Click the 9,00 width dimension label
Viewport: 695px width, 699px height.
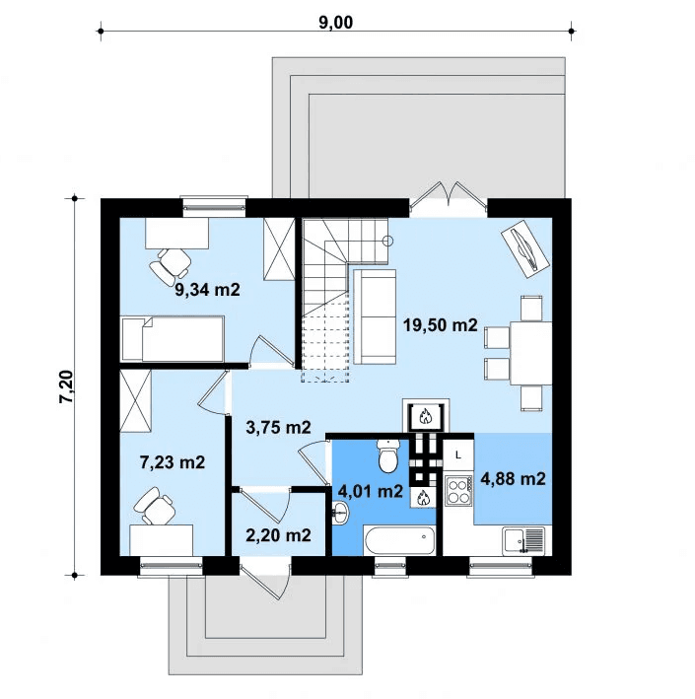pos(336,23)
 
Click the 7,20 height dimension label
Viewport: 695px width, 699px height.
pos(66,386)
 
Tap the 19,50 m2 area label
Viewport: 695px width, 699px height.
pos(440,325)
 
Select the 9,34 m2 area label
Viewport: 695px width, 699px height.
pos(207,290)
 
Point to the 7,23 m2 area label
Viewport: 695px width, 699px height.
pos(173,462)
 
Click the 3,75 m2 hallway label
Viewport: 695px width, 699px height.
pos(278,428)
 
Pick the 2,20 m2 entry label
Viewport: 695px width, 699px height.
pos(278,535)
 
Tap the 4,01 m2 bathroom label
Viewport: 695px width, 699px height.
pos(371,491)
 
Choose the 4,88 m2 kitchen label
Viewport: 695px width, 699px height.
pos(513,479)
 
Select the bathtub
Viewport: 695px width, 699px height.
pos(399,540)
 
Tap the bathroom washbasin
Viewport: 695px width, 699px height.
pos(340,513)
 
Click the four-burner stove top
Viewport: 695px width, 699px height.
pos(458,489)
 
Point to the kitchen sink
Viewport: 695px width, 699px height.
pos(523,540)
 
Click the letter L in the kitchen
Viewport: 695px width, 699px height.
pos(457,455)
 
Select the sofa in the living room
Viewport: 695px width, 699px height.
pos(375,316)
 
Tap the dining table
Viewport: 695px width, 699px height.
pos(530,353)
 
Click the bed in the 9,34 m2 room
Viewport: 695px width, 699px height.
pos(173,339)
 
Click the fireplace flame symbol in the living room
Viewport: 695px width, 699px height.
pos(425,417)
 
